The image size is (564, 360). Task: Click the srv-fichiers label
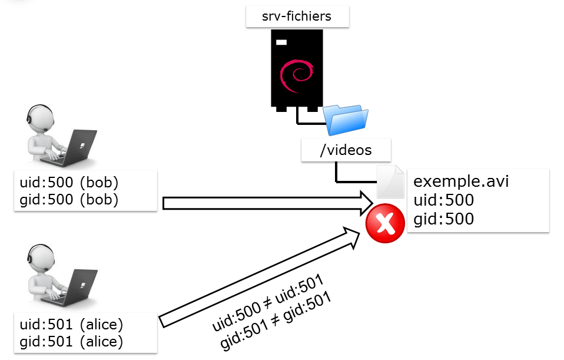pyautogui.click(x=297, y=16)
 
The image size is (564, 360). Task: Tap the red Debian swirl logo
pyautogui.click(x=296, y=74)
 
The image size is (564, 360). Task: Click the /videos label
pyautogui.click(x=346, y=150)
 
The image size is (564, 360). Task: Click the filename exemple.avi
pyautogui.click(x=461, y=181)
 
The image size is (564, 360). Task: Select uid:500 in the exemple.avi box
pyautogui.click(x=444, y=200)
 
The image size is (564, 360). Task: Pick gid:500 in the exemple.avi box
pyautogui.click(x=444, y=219)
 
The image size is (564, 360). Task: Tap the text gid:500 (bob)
pyautogui.click(x=69, y=199)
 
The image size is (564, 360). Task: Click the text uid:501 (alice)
pyautogui.click(x=71, y=324)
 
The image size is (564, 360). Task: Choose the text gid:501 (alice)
pyautogui.click(x=71, y=341)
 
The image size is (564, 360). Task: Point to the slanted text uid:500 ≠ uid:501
pyautogui.click(x=268, y=301)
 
